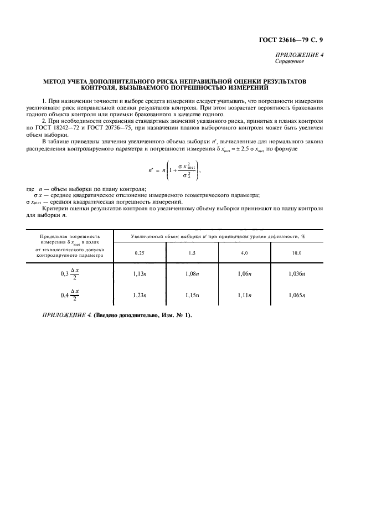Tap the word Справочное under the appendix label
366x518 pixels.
coord(291,61)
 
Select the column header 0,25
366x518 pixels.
coord(140,252)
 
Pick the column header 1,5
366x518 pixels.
coord(192,252)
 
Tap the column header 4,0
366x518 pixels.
coord(245,252)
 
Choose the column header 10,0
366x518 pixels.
coord(297,252)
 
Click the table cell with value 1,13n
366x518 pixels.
coord(140,273)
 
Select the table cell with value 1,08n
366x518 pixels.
coord(192,273)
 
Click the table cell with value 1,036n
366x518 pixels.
coord(297,273)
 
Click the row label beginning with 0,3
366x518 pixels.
coord(70,273)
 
